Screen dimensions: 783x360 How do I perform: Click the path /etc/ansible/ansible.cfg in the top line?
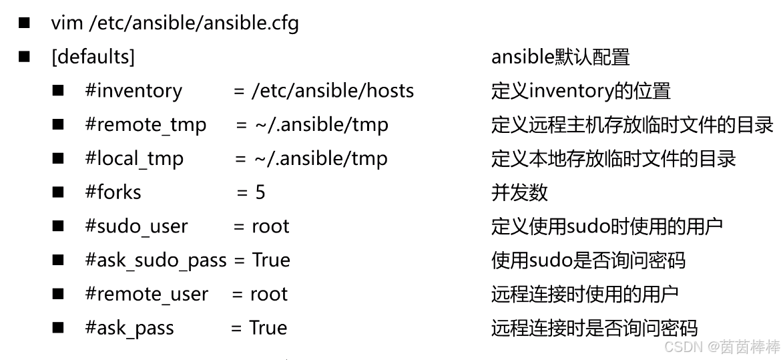click(194, 23)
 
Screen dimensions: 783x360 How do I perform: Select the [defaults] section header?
click(93, 57)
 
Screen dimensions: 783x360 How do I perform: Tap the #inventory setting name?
click(134, 91)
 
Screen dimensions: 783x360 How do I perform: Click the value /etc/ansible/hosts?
click(332, 91)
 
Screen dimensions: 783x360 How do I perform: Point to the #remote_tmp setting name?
click(146, 125)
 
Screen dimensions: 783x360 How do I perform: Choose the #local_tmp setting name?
click(134, 159)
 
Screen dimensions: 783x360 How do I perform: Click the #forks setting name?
click(113, 192)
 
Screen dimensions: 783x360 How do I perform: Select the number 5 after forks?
click(260, 192)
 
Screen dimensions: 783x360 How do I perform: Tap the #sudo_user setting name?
click(136, 226)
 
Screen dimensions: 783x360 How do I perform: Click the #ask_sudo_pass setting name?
click(156, 260)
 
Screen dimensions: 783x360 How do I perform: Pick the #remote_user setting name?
click(146, 295)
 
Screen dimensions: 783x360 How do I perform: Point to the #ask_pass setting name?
click(129, 328)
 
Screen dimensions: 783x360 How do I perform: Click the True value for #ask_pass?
click(268, 328)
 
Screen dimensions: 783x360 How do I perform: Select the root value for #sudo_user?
click(270, 226)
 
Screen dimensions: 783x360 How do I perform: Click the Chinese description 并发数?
click(519, 192)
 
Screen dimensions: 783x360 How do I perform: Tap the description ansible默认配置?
click(561, 57)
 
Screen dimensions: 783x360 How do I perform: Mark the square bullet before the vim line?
click(25, 23)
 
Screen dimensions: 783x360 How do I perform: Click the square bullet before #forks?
click(59, 192)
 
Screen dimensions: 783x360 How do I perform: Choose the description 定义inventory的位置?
click(581, 91)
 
